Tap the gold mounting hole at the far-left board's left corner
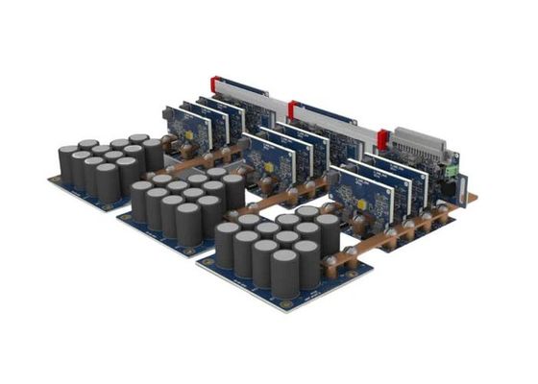pyautogui.click(x=54, y=180)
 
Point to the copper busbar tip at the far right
pyautogui.click(x=474, y=199)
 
